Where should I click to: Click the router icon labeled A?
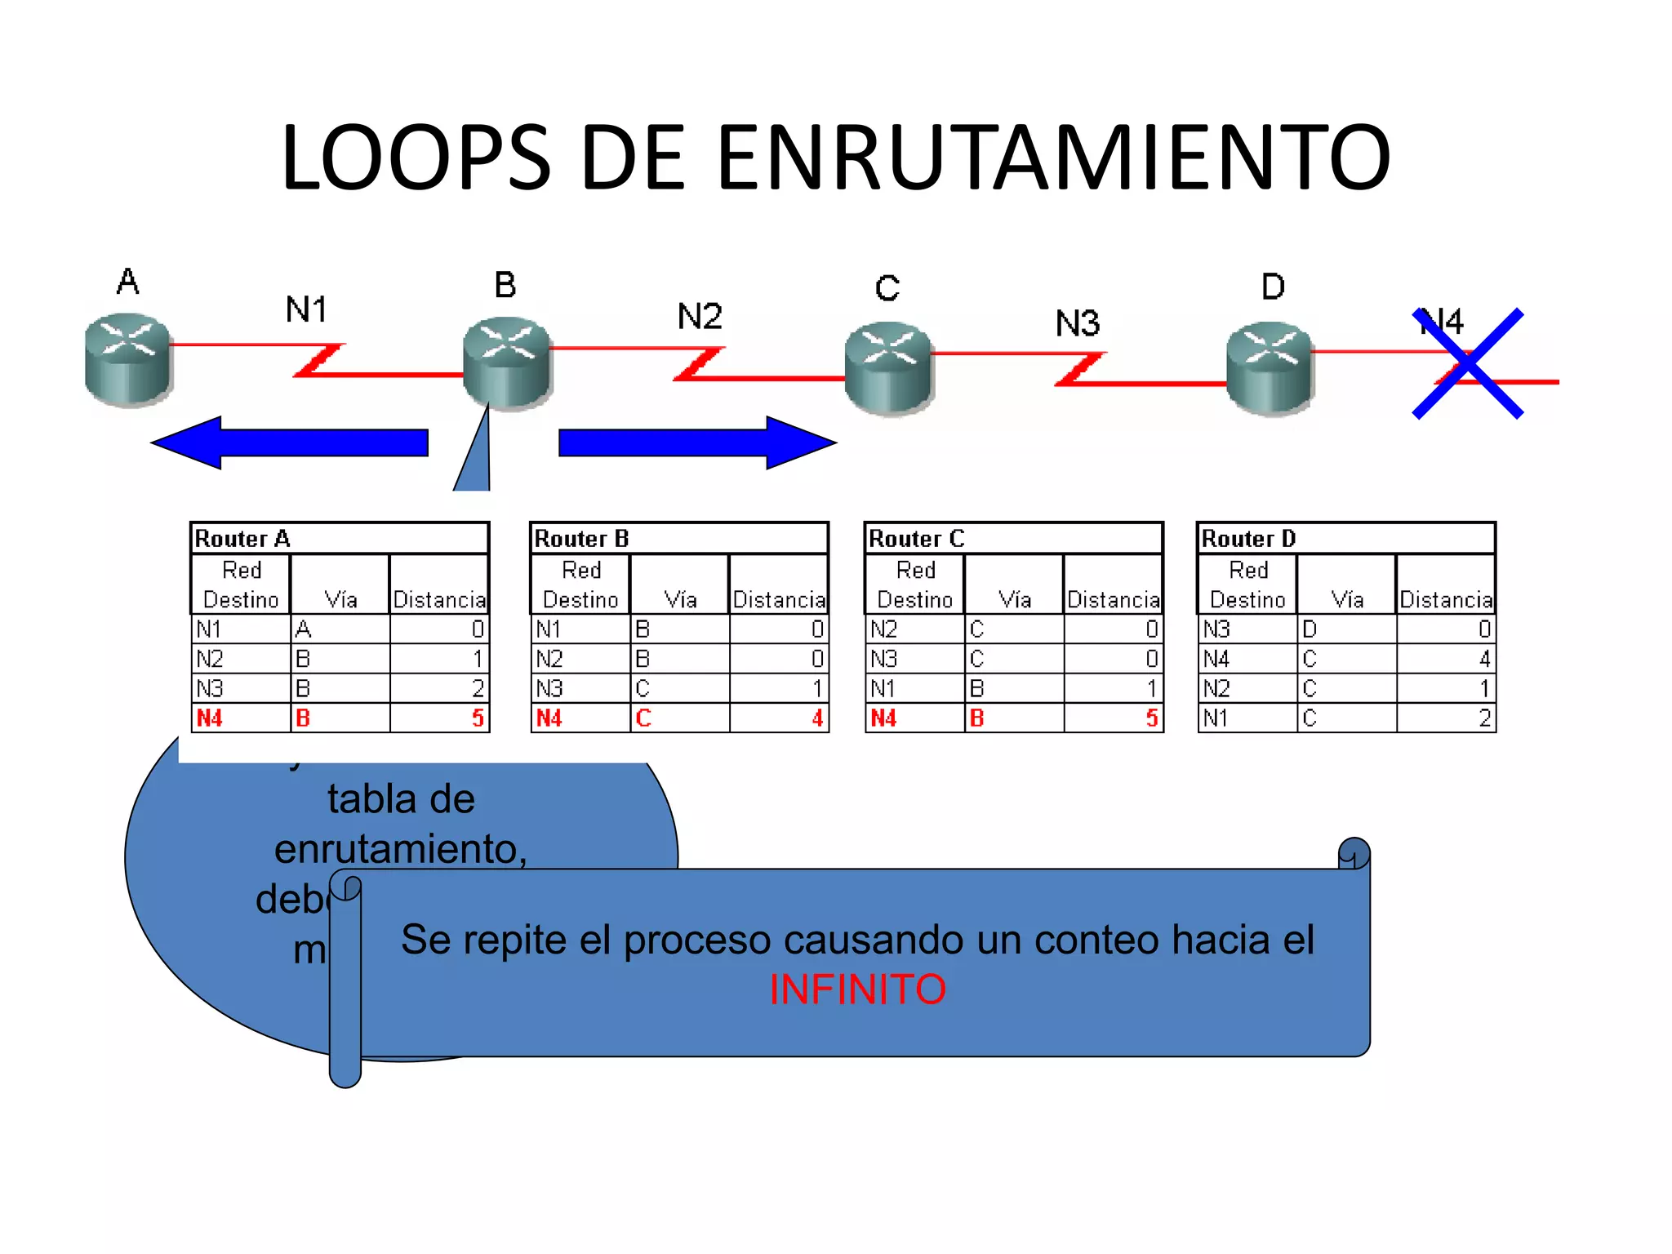point(128,359)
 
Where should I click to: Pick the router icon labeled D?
point(1270,367)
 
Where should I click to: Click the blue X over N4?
point(1468,363)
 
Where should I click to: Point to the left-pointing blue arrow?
point(290,442)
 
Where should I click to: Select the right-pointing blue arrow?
point(698,442)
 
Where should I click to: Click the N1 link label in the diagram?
point(306,309)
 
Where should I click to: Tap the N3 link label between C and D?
point(1078,324)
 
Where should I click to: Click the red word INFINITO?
point(857,989)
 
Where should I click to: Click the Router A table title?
point(242,539)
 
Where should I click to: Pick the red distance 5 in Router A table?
point(478,718)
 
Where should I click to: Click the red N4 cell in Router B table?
point(549,718)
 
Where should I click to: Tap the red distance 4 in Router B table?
point(817,718)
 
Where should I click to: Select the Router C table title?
point(916,539)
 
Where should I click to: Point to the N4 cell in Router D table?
point(1216,659)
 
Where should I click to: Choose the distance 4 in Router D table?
point(1484,659)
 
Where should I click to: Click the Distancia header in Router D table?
point(1446,600)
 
